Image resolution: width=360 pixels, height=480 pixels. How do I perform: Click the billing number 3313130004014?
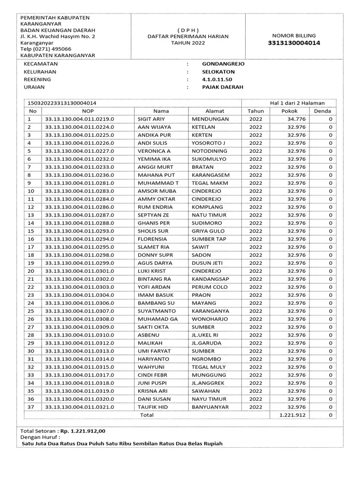[x=294, y=44]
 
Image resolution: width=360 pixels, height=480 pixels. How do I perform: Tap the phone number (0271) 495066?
[x=52, y=49]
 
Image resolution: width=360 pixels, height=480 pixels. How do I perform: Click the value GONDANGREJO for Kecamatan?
[x=223, y=64]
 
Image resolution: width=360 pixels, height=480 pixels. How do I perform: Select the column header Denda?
[x=322, y=111]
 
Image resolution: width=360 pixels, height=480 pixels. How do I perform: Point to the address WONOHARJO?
[x=210, y=319]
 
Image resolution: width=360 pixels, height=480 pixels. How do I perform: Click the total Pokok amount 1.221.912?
[x=292, y=415]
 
